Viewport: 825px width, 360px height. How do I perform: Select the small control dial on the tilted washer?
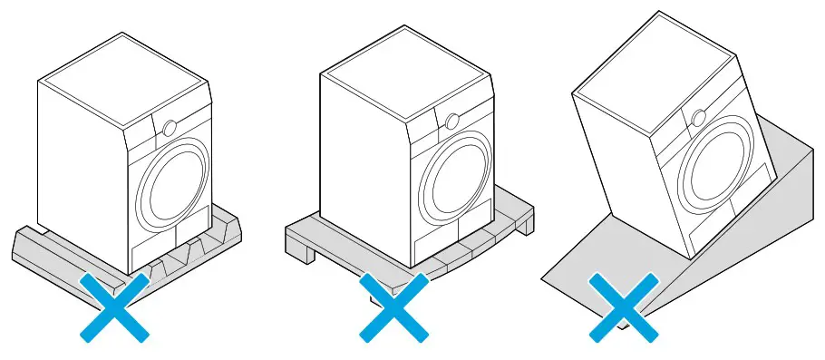tap(699, 117)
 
